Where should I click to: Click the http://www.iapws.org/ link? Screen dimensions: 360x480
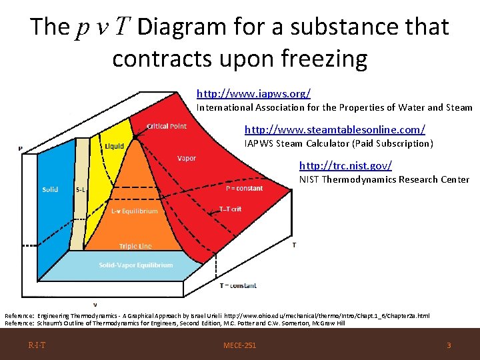pos(253,94)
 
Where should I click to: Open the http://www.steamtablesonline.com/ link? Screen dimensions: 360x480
pos(335,129)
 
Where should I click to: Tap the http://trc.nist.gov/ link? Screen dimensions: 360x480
pos(345,165)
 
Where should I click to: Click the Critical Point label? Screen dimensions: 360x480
pos(167,125)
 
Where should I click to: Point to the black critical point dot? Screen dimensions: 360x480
pos(134,137)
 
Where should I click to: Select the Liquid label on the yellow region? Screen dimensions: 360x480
pos(113,147)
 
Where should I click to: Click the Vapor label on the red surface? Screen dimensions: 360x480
pos(187,158)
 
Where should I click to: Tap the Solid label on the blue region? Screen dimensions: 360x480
pos(50,189)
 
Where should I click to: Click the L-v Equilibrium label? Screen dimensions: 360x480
pos(135,211)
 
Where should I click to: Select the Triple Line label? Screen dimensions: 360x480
pos(135,246)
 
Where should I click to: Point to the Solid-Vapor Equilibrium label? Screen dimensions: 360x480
pos(136,265)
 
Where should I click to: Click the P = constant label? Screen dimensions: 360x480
pos(244,188)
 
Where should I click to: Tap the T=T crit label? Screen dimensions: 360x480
pos(230,209)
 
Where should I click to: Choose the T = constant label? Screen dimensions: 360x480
pos(238,285)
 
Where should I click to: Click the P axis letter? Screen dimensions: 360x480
pos(20,148)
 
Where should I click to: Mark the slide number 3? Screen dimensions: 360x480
pos(449,345)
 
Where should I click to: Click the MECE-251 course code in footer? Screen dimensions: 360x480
pos(240,345)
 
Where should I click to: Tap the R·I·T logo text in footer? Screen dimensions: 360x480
pos(37,345)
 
